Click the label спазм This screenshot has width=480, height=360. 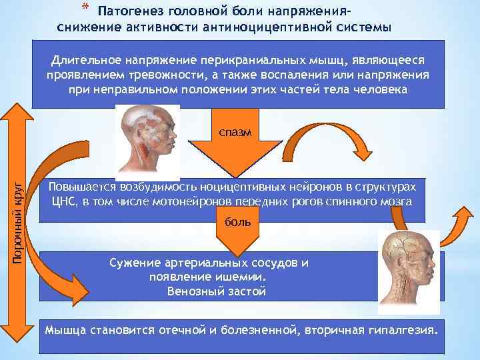235,132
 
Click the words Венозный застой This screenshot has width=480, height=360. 217,291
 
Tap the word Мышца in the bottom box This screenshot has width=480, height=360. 64,329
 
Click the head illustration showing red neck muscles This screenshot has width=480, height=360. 147,139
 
